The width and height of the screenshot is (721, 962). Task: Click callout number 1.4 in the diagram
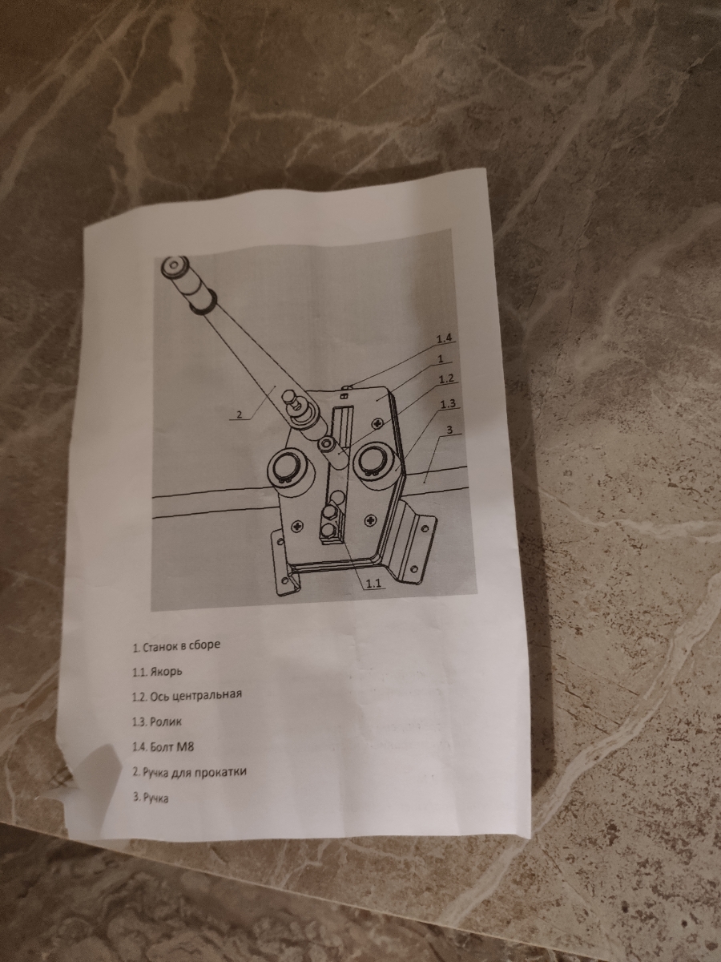(x=445, y=339)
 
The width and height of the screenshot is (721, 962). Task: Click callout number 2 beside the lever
(x=240, y=414)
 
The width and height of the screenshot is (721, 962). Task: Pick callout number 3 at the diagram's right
(x=449, y=430)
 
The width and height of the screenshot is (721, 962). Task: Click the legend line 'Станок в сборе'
(x=176, y=646)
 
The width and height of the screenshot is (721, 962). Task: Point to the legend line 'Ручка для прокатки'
(x=190, y=772)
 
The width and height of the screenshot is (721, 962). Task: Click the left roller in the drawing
(x=291, y=477)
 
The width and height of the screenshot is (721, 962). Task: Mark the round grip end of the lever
(x=174, y=266)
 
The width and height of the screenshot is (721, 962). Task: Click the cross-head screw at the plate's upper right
(x=378, y=423)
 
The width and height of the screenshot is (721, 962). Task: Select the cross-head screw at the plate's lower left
(x=299, y=524)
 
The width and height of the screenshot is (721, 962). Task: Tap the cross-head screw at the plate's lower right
(x=372, y=520)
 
